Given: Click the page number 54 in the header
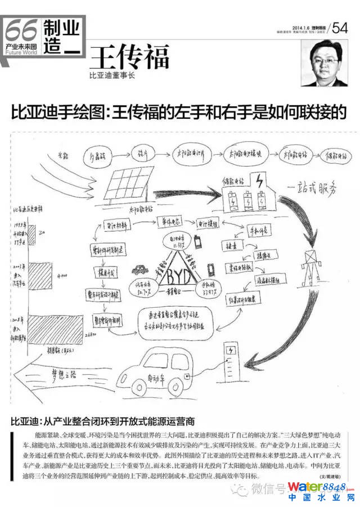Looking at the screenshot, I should (340, 28).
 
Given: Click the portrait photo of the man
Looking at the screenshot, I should (325, 63).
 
